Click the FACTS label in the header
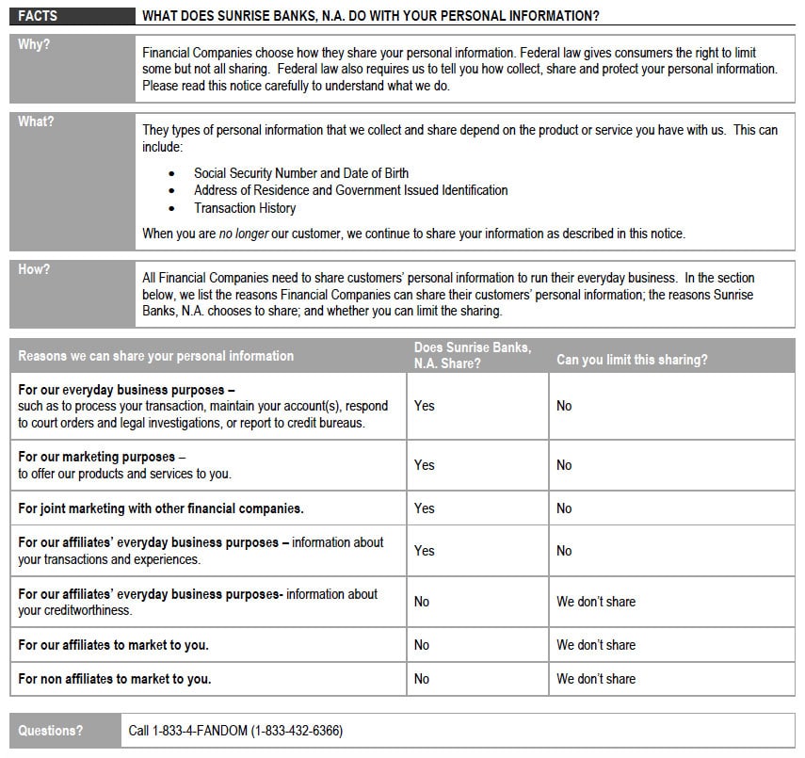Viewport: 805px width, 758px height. (37, 16)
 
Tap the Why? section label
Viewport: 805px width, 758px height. (35, 45)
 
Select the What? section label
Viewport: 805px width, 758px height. (37, 121)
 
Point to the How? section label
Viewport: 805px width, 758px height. (35, 269)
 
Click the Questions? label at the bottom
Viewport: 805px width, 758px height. (50, 731)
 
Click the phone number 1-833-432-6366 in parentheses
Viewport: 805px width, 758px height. (297, 731)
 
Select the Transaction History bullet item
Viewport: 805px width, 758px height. (245, 208)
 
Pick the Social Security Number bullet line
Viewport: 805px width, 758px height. (300, 173)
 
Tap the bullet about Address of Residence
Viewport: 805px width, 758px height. (350, 190)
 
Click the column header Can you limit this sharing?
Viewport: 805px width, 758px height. (632, 360)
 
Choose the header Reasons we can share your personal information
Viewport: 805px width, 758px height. (156, 356)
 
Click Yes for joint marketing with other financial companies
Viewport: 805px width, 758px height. (425, 508)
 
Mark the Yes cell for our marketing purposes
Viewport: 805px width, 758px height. (425, 465)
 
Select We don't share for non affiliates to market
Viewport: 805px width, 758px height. (596, 679)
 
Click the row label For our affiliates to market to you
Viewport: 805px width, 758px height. (114, 645)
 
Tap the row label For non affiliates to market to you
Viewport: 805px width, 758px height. (115, 679)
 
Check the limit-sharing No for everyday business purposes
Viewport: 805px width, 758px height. (564, 406)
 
